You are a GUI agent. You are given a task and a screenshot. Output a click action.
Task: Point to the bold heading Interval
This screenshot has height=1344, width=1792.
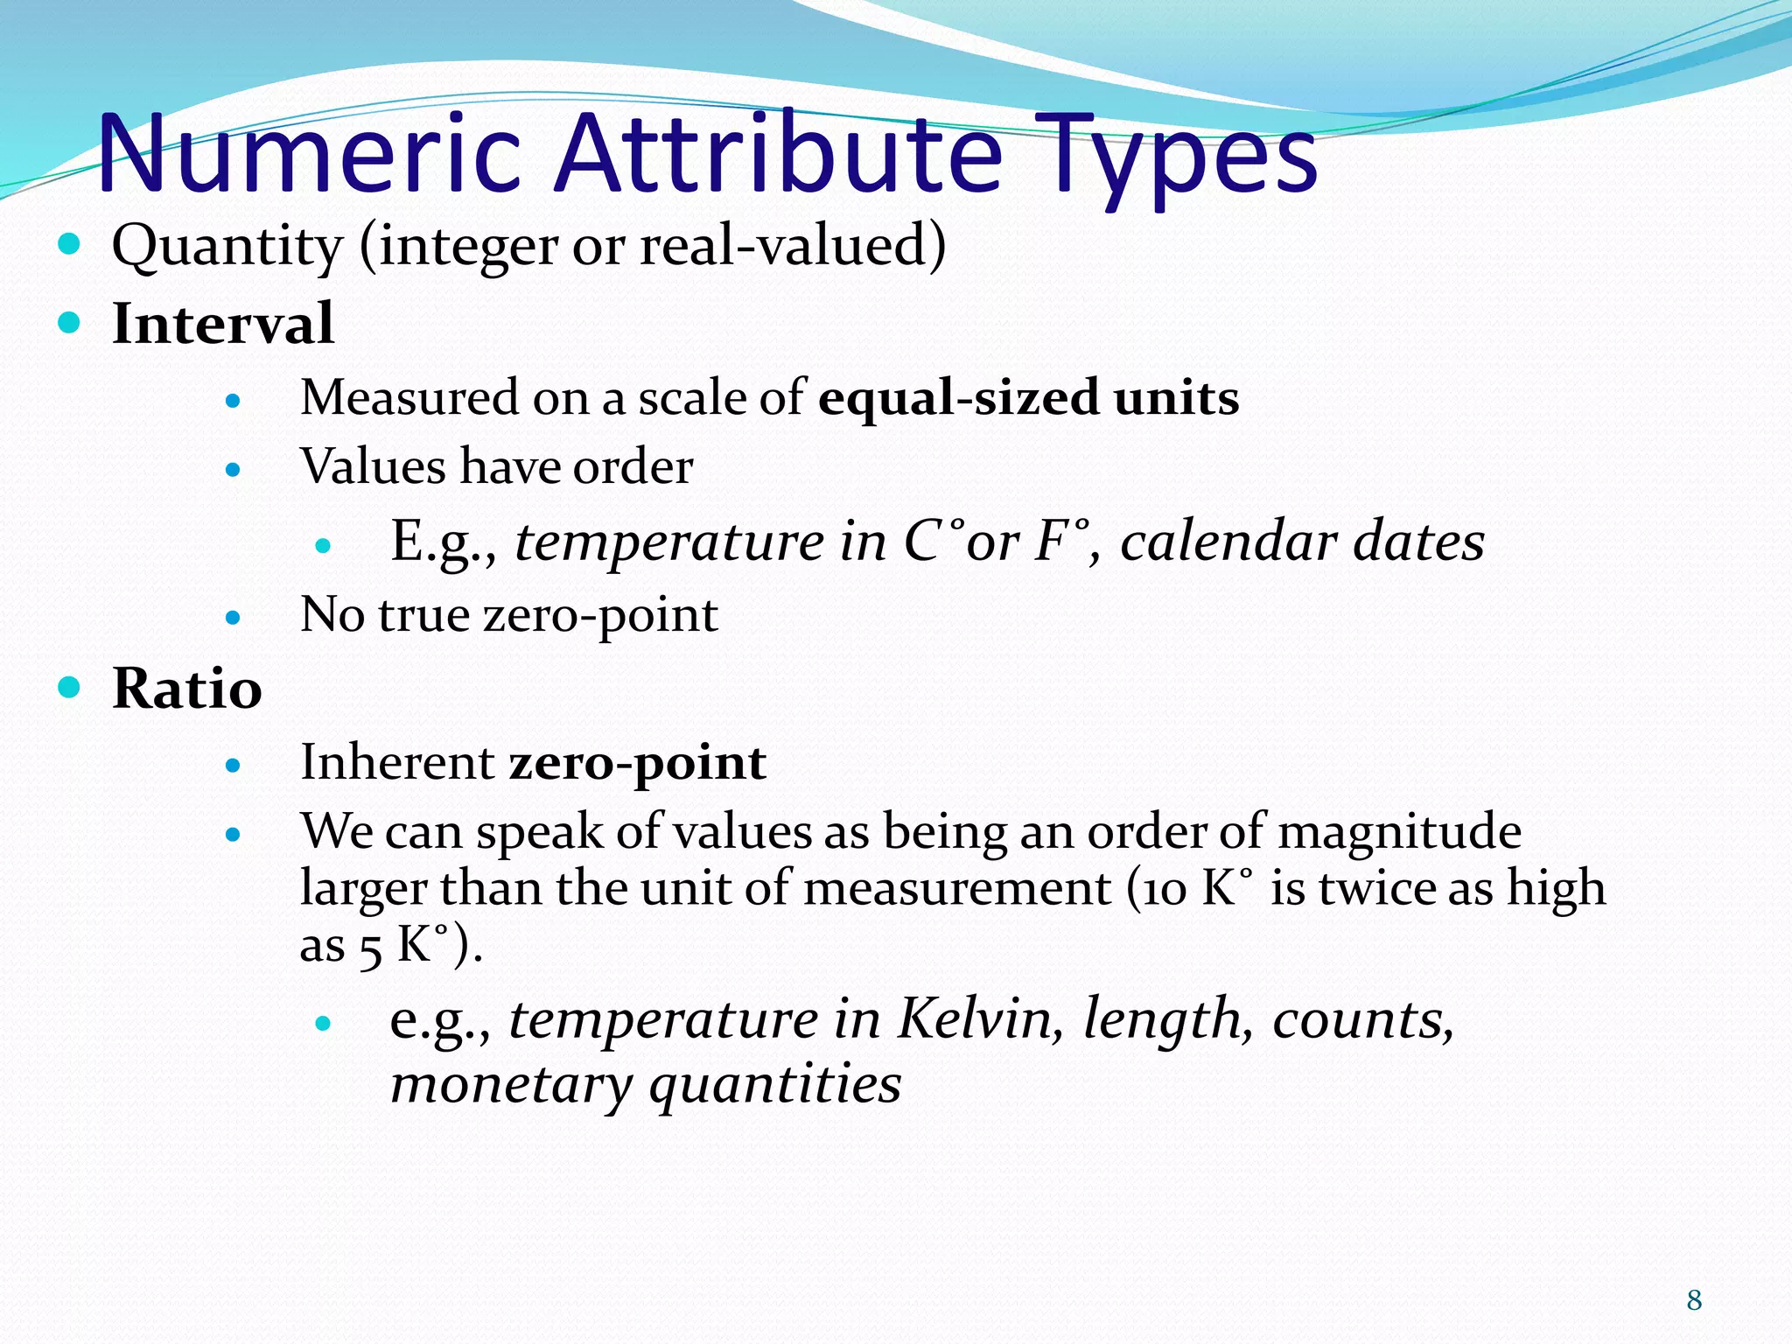click(223, 324)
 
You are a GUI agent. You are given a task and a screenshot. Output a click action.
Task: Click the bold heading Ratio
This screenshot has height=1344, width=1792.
click(187, 689)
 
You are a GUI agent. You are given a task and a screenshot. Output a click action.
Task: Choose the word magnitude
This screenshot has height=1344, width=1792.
click(1399, 830)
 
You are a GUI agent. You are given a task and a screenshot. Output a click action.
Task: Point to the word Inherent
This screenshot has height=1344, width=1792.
click(397, 762)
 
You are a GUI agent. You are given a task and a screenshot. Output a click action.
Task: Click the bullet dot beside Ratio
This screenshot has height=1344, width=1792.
click(69, 687)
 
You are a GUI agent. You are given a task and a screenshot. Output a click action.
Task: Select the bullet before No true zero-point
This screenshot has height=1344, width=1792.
click(232, 618)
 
